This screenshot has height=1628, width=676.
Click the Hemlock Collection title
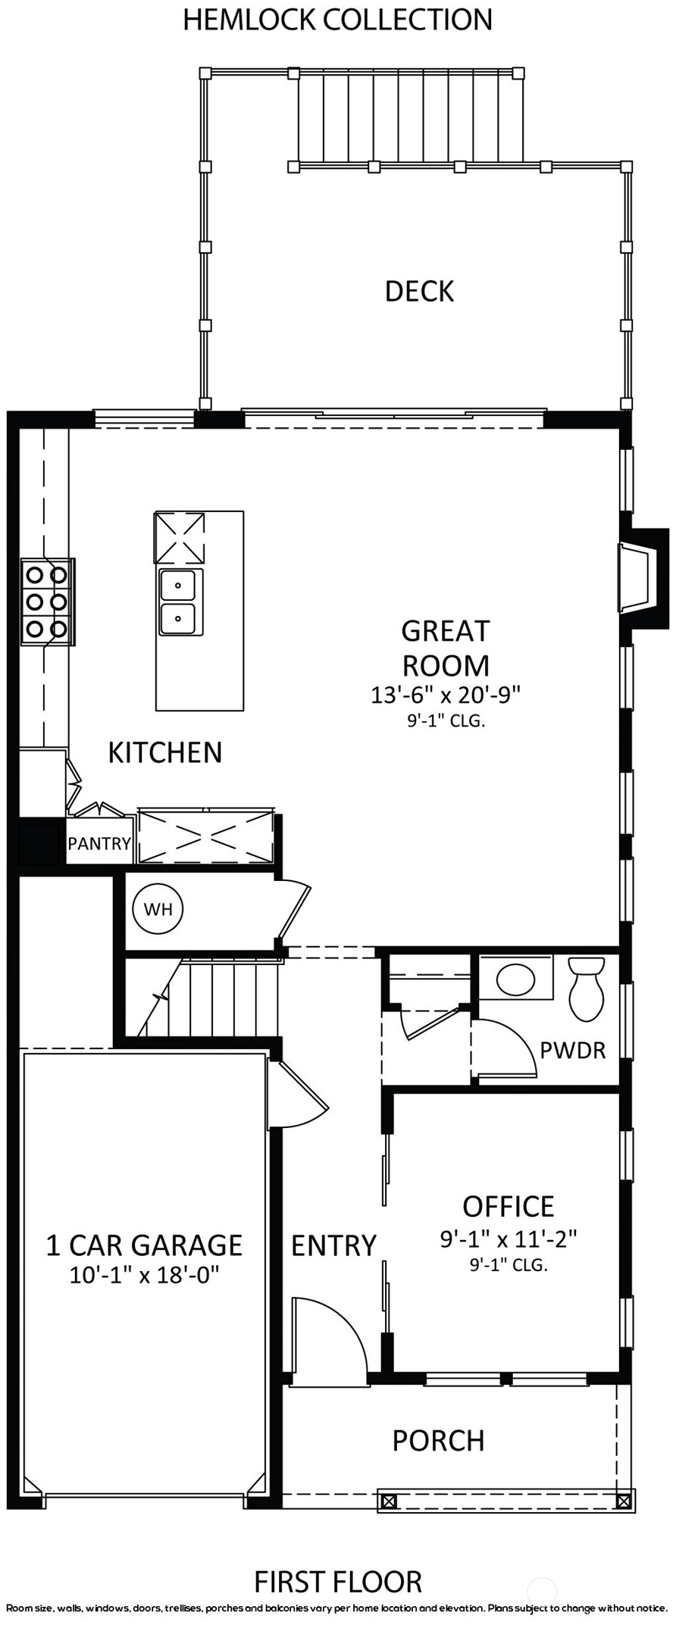(x=337, y=20)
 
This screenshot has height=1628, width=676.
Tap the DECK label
(x=419, y=292)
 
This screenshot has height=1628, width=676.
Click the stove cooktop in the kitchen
(x=47, y=602)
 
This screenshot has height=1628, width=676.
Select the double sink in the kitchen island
(x=180, y=603)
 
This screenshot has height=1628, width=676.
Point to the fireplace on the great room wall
(x=643, y=578)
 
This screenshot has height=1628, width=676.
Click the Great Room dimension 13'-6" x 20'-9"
(x=446, y=695)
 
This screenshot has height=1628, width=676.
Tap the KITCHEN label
(x=165, y=752)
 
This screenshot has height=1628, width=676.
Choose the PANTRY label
(x=99, y=843)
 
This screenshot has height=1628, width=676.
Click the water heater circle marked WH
(x=158, y=909)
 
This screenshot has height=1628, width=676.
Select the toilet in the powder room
(x=586, y=989)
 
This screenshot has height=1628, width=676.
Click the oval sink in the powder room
(x=515, y=980)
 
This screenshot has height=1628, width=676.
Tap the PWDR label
(x=573, y=1051)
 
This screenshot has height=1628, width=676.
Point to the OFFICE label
(x=509, y=1206)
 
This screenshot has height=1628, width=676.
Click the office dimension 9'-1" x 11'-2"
(x=509, y=1239)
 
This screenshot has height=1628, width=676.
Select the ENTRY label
(x=333, y=1245)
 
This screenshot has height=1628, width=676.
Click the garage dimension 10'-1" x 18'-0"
(x=144, y=1275)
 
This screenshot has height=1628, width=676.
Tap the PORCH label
(x=438, y=1441)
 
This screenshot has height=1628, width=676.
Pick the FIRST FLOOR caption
(x=338, y=1582)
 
